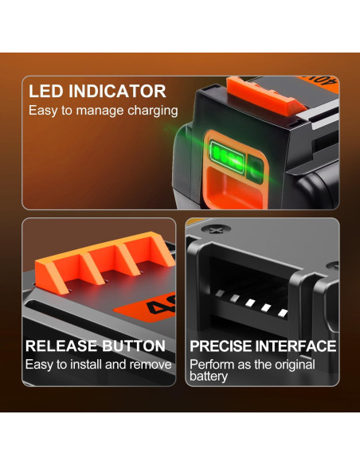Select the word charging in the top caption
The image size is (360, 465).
click(151, 111)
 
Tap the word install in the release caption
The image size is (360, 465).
click(87, 365)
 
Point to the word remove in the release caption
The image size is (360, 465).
click(151, 365)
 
